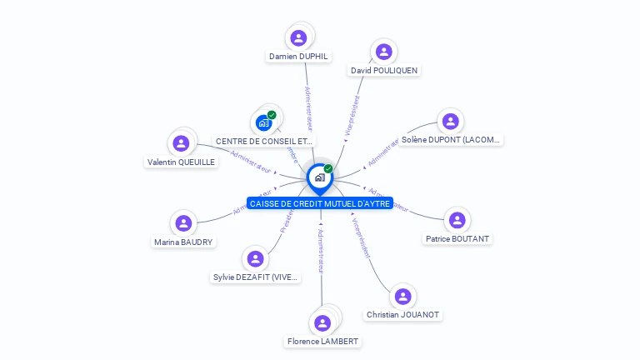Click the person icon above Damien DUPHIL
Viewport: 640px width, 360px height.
(298, 37)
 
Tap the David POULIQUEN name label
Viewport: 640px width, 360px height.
(383, 71)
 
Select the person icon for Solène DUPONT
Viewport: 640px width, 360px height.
(450, 122)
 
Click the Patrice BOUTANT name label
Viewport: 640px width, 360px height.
(457, 239)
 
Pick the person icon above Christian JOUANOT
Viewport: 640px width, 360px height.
(402, 297)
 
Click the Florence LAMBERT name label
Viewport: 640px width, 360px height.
(322, 342)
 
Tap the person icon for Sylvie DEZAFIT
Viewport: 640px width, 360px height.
(256, 259)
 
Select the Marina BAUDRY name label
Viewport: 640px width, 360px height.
(183, 242)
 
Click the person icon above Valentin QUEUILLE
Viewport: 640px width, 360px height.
(181, 143)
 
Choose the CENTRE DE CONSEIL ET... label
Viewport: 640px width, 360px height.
(264, 142)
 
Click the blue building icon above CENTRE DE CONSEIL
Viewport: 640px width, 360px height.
(264, 123)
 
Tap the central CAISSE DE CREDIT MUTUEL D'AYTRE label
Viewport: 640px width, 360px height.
(320, 204)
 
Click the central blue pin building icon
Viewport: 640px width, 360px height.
(319, 177)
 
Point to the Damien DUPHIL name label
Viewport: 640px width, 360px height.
(298, 57)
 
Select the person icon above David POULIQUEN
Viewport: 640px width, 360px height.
(383, 52)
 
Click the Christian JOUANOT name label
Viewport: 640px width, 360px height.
(403, 315)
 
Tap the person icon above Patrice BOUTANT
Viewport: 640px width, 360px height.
(457, 221)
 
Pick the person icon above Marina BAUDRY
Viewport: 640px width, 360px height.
(183, 223)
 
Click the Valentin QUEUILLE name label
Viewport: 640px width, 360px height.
(181, 162)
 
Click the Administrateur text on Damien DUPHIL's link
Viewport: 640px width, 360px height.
(308, 108)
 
